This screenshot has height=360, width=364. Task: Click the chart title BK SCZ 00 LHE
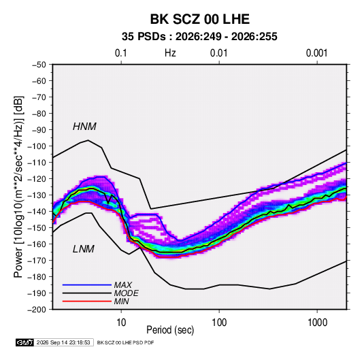tap(199, 19)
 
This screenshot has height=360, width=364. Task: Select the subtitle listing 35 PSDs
tap(199, 37)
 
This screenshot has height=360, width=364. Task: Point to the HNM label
tap(84, 127)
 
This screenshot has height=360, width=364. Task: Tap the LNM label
tap(84, 249)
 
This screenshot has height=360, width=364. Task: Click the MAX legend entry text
tap(122, 284)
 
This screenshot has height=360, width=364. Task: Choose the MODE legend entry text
tap(126, 293)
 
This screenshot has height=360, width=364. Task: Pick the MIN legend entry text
tap(121, 301)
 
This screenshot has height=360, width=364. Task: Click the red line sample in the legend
tap(87, 301)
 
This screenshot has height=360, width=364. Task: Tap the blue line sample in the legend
tap(87, 284)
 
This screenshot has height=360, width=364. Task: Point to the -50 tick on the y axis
tap(39, 65)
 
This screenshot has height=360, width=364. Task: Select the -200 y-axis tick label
tap(37, 310)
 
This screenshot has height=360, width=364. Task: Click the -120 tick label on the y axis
tap(37, 179)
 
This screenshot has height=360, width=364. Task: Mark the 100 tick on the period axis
tap(219, 323)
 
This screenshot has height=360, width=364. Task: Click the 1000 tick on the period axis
tap(317, 323)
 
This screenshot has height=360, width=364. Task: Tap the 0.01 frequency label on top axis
tap(218, 53)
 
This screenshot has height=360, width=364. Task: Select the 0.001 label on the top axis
tap(316, 53)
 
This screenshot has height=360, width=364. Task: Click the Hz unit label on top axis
tap(170, 53)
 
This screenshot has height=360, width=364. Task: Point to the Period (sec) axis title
tap(170, 330)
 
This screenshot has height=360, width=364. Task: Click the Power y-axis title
tap(18, 187)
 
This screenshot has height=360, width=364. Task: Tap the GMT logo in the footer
tap(24, 342)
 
